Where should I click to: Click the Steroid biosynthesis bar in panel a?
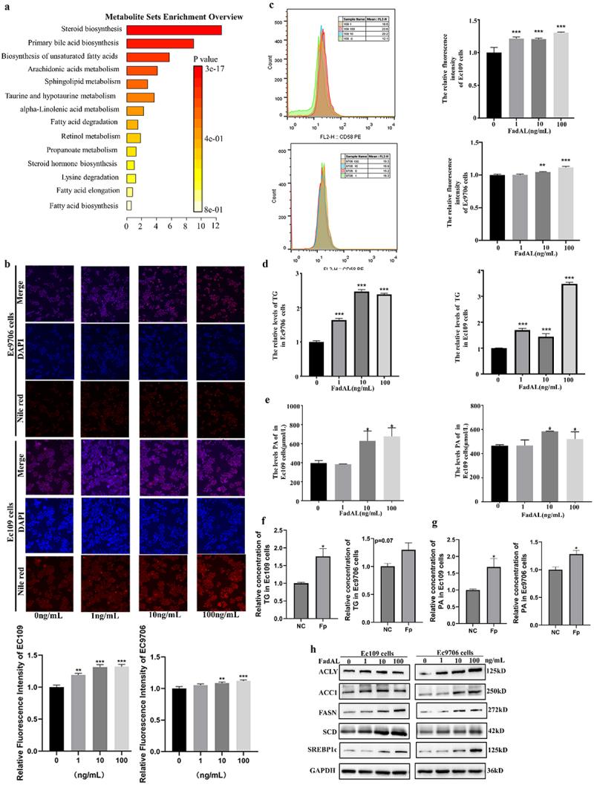pyautogui.click(x=174, y=30)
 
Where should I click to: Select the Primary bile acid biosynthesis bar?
pyautogui.click(x=160, y=44)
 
